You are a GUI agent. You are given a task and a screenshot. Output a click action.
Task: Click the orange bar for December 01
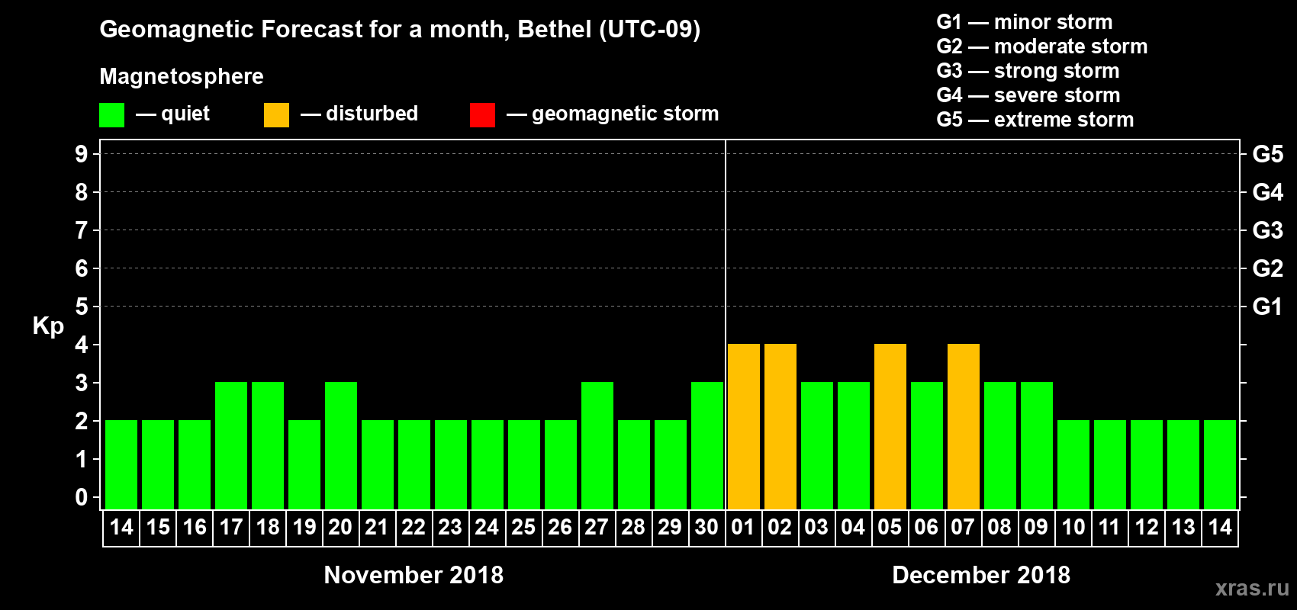tap(744, 426)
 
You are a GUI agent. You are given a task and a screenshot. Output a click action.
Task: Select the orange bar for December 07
tap(964, 426)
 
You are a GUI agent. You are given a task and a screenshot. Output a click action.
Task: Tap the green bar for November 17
tap(231, 445)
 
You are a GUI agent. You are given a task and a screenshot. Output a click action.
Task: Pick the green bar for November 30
tap(707, 445)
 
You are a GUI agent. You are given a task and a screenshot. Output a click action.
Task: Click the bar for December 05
tap(890, 426)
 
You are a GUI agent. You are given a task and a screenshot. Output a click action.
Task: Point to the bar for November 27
tap(597, 445)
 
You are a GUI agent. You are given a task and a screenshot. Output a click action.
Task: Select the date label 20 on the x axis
tap(340, 527)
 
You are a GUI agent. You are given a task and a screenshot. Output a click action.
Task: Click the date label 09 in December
tap(1036, 527)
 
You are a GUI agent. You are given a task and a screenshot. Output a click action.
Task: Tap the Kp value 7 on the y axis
tap(82, 230)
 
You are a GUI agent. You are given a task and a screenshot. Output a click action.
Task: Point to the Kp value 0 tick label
tap(82, 498)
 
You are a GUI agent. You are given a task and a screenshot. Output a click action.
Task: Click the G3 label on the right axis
tap(1267, 230)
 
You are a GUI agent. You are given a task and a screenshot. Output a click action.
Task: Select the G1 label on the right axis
tap(1267, 307)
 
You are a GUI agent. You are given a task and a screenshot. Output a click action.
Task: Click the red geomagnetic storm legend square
tap(482, 115)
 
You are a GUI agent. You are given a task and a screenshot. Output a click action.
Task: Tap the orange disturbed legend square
tap(276, 115)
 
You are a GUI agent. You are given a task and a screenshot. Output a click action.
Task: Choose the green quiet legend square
tap(111, 115)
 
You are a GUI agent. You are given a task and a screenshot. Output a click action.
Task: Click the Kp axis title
tap(48, 326)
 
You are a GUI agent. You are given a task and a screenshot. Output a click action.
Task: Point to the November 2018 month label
tap(414, 575)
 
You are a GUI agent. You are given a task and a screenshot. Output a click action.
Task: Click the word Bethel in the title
tap(555, 30)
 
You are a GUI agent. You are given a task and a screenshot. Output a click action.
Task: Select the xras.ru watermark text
tap(1252, 588)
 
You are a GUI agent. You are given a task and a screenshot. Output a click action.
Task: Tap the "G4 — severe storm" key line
tap(1028, 95)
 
